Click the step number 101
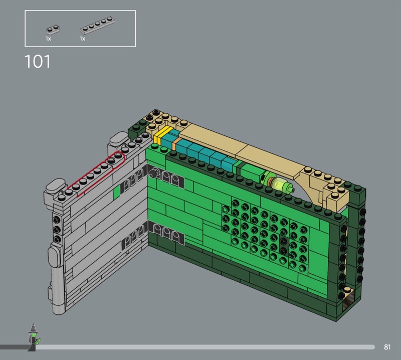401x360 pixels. pyautogui.click(x=38, y=62)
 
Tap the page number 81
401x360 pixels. pyautogui.click(x=387, y=347)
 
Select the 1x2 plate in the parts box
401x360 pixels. pyautogui.click(x=53, y=30)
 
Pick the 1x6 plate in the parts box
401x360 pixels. pyautogui.click(x=97, y=26)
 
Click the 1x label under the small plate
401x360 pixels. pyautogui.click(x=48, y=39)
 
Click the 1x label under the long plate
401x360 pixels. pyautogui.click(x=82, y=39)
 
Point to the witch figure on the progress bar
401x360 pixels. pyautogui.click(x=33, y=337)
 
